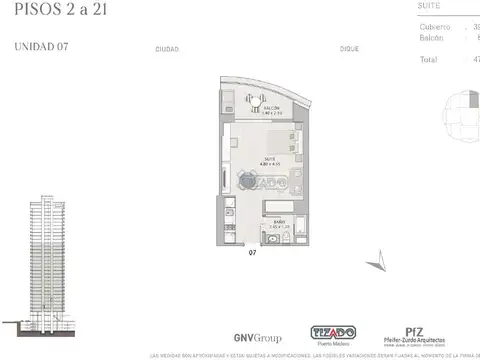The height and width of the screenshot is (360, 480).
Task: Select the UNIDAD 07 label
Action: [41, 46]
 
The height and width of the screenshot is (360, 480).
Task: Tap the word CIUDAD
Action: [167, 48]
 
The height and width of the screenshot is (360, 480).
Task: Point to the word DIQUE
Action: [349, 48]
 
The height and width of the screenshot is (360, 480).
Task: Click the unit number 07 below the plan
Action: [256, 253]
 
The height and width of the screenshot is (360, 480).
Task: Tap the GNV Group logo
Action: [228, 337]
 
